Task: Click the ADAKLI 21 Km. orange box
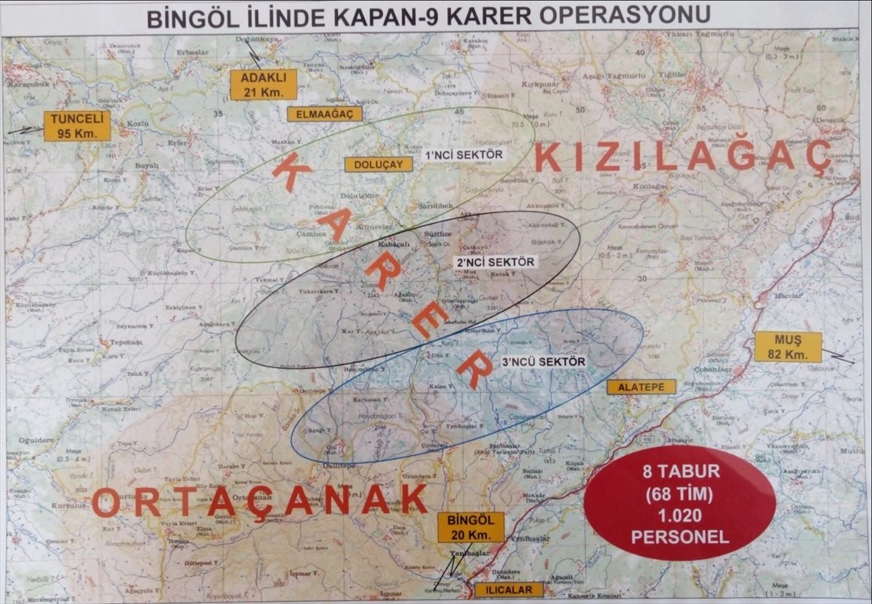263,84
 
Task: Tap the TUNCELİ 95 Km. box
77,126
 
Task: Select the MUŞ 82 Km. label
788,347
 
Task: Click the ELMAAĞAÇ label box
324,114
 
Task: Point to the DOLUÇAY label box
379,165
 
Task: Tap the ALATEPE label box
642,387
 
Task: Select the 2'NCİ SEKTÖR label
495,262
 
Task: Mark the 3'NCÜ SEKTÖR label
544,361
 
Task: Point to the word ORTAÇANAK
259,501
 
